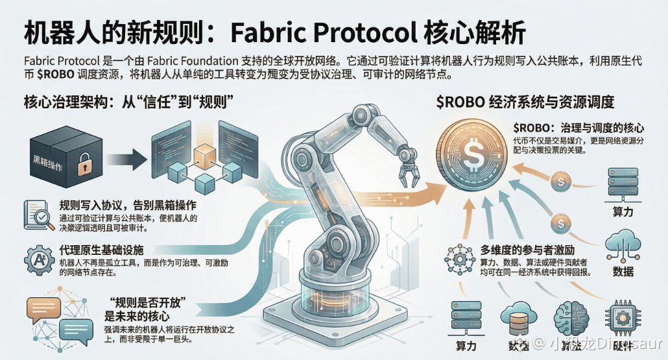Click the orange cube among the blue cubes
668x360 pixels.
(x=204, y=155)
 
